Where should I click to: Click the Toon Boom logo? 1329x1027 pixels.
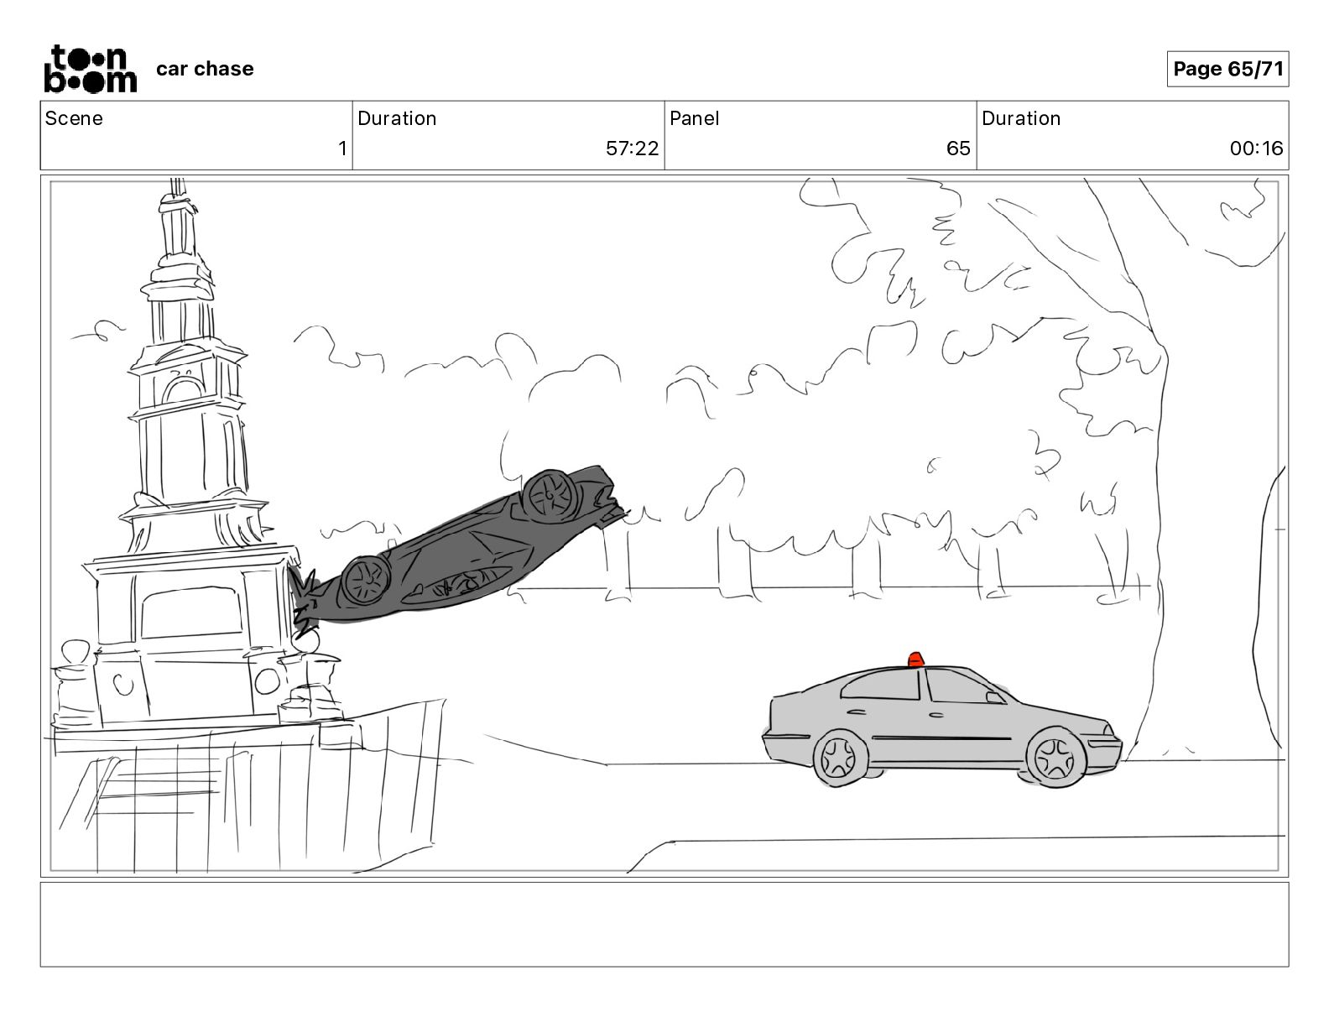pos(91,69)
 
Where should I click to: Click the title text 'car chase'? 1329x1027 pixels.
pos(205,69)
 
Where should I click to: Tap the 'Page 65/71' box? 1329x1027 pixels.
pos(1227,69)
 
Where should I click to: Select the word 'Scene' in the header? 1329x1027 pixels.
pos(74,118)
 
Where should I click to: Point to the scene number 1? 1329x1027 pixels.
pos(342,148)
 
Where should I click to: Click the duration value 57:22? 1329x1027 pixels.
pos(632,148)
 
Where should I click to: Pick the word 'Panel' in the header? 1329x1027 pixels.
pos(694,118)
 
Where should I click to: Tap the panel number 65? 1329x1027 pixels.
pos(958,148)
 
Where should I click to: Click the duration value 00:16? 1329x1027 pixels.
pos(1256,148)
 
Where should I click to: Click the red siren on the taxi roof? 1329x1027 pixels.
pos(915,659)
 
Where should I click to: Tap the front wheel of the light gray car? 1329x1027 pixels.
pos(1055,758)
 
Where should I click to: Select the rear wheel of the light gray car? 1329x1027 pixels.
pos(840,758)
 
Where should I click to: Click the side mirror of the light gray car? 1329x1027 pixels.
pos(994,698)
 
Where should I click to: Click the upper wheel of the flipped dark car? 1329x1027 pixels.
pos(550,496)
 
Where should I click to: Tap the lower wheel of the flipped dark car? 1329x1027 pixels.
pos(366,581)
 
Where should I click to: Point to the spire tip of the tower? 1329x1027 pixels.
pos(177,182)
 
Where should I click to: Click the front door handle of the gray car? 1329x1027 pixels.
pos(936,714)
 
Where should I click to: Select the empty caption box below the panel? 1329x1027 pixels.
pos(664,925)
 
